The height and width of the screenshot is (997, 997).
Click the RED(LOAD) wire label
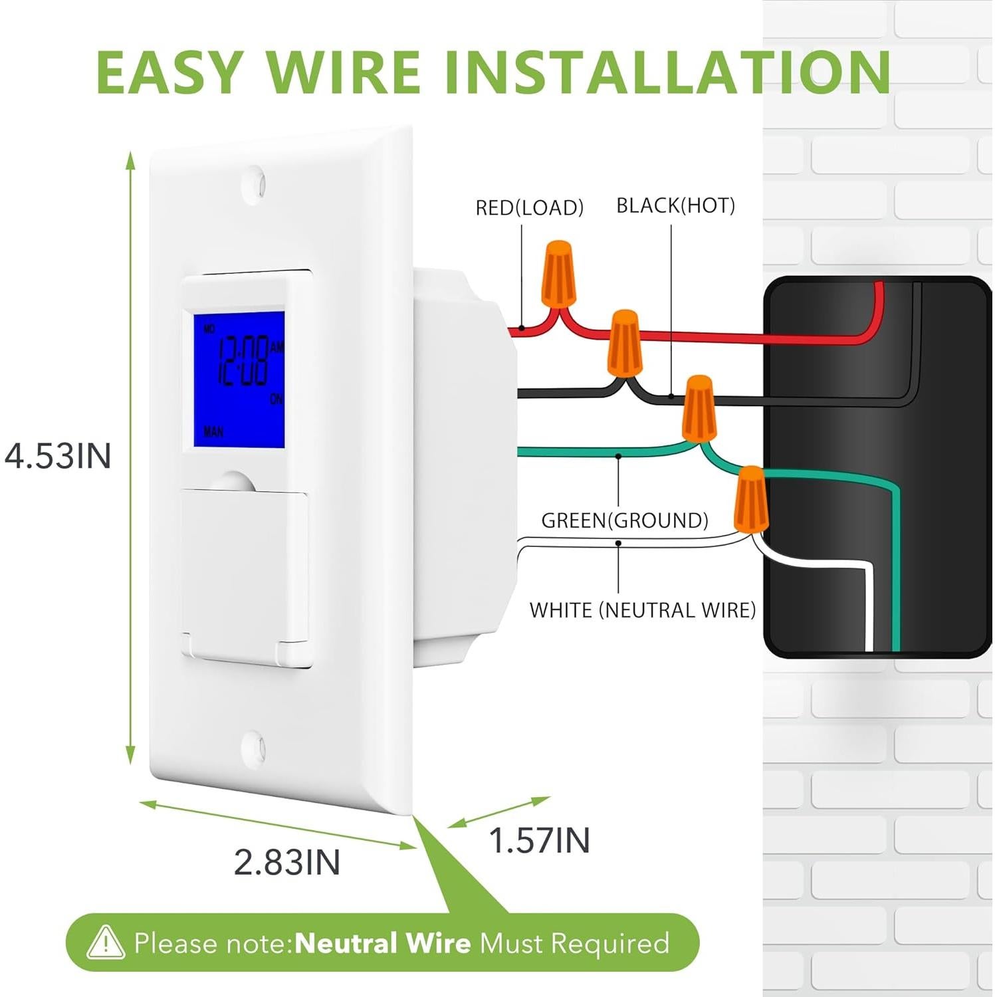pyautogui.click(x=529, y=208)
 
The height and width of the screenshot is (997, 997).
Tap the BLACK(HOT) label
pyautogui.click(x=675, y=206)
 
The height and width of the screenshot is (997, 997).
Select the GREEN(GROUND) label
pyautogui.click(x=624, y=520)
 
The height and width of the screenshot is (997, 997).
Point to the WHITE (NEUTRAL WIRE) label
pyautogui.click(x=642, y=610)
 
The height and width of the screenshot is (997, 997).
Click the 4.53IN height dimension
pyautogui.click(x=58, y=456)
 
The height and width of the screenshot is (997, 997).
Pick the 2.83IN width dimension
pyautogui.click(x=286, y=862)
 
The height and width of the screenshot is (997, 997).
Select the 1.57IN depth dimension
pyautogui.click(x=539, y=840)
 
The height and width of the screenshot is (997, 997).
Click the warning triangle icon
pyautogui.click(x=106, y=942)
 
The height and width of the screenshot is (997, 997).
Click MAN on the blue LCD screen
pyautogui.click(x=213, y=432)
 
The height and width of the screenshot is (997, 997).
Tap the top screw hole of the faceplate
pyautogui.click(x=255, y=181)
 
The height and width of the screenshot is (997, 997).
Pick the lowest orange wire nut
pyautogui.click(x=750, y=499)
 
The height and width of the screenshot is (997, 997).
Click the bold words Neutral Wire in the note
pyautogui.click(x=382, y=943)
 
